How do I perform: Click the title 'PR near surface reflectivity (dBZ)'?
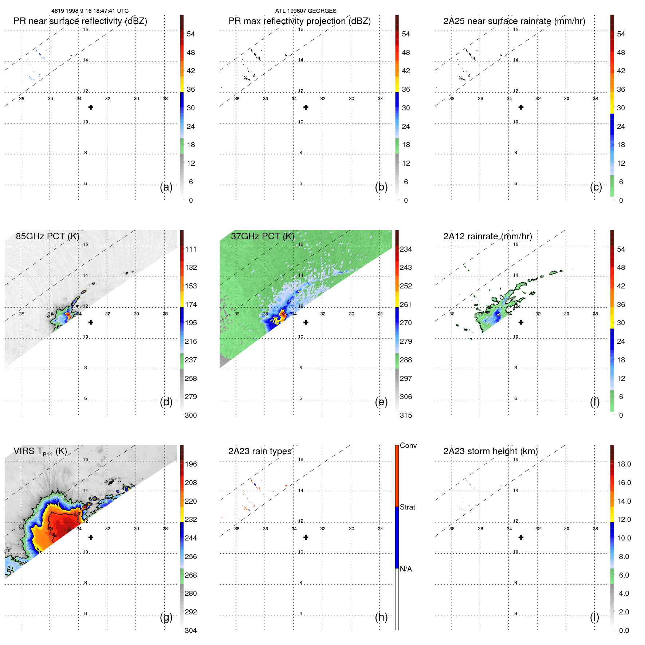point(80,21)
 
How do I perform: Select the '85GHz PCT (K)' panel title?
point(47,236)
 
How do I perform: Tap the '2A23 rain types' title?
point(260,451)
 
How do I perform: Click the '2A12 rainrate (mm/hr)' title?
point(487,236)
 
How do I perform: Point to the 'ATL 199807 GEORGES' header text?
point(306,11)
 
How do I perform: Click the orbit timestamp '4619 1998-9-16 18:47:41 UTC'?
point(90,11)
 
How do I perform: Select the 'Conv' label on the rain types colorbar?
point(408,445)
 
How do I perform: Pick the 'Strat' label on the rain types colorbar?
point(407,507)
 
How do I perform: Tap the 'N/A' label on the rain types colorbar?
point(406,569)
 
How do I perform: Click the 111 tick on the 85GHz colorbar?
point(190,249)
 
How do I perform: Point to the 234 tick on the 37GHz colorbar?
point(406,249)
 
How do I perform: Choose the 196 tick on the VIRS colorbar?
point(190,464)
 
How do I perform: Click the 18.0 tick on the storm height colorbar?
point(624,464)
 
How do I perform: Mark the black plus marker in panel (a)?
point(91,107)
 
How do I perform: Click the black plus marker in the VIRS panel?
point(91,538)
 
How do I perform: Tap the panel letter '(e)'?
point(381,402)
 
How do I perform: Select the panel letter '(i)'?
point(594,617)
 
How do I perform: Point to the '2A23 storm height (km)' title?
point(490,451)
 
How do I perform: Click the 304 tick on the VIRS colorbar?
point(190,630)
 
